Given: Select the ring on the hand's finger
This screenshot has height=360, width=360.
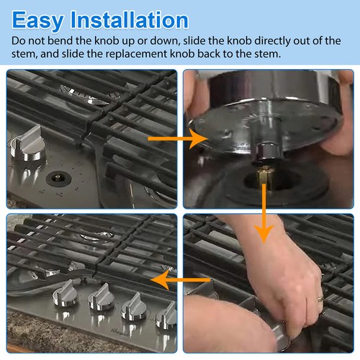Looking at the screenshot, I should click(319, 297).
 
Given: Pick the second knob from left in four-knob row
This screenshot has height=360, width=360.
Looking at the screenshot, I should click(99, 300).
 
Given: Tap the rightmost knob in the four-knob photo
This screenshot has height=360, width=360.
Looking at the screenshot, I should click(168, 314).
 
